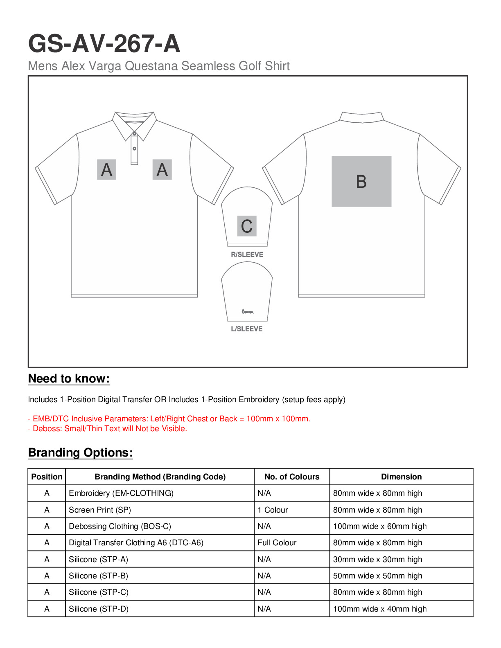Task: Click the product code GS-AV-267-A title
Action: pyautogui.click(x=104, y=44)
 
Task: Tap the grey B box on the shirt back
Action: pyautogui.click(x=361, y=181)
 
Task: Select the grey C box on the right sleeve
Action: pyautogui.click(x=247, y=226)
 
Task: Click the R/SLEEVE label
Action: pyautogui.click(x=247, y=254)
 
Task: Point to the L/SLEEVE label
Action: pyautogui.click(x=247, y=329)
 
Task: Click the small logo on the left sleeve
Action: pyautogui.click(x=248, y=312)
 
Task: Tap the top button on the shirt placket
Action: pyautogui.click(x=134, y=134)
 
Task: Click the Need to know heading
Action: pyautogui.click(x=69, y=379)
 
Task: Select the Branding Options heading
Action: pyautogui.click(x=80, y=453)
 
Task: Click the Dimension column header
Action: pyautogui.click(x=401, y=477)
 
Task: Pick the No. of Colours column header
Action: pyautogui.click(x=292, y=477)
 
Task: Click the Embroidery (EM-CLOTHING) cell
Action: pyautogui.click(x=121, y=493)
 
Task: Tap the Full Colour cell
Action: pyautogui.click(x=277, y=543)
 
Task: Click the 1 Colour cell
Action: pyautogui.click(x=273, y=510)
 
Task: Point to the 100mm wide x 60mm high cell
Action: pyautogui.click(x=380, y=526)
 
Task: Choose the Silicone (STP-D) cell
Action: pyautogui.click(x=99, y=609)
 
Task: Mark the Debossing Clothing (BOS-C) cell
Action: pyautogui.click(x=120, y=526)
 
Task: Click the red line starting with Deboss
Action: pyautogui.click(x=107, y=429)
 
